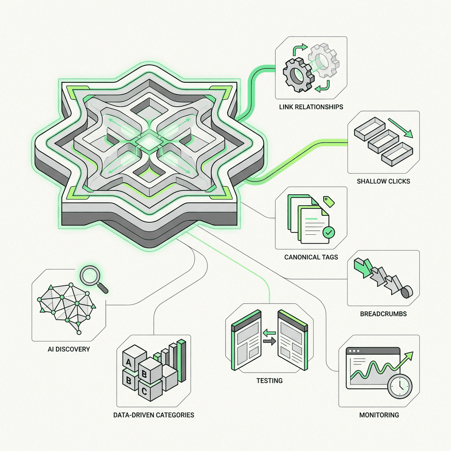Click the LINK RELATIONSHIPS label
(311, 107)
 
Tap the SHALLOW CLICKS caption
(384, 181)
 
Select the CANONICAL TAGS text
(311, 257)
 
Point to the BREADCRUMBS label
(384, 314)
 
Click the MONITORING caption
(379, 415)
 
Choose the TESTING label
(270, 381)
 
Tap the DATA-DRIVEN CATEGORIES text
(154, 415)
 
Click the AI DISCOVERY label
(69, 349)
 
